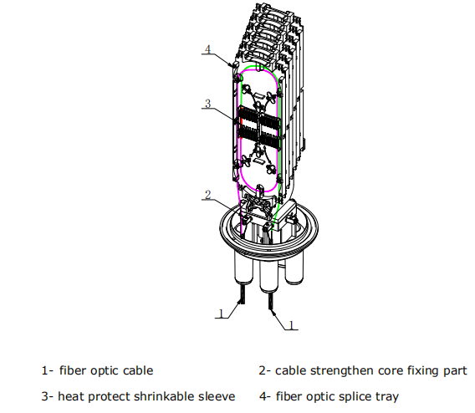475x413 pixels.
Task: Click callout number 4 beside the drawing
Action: point(207,50)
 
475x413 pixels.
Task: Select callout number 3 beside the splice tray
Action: point(207,104)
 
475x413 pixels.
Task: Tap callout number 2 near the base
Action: point(207,195)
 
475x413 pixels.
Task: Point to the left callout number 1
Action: point(220,314)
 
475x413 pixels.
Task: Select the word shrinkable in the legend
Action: point(154,395)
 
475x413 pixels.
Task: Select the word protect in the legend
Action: point(105,395)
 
